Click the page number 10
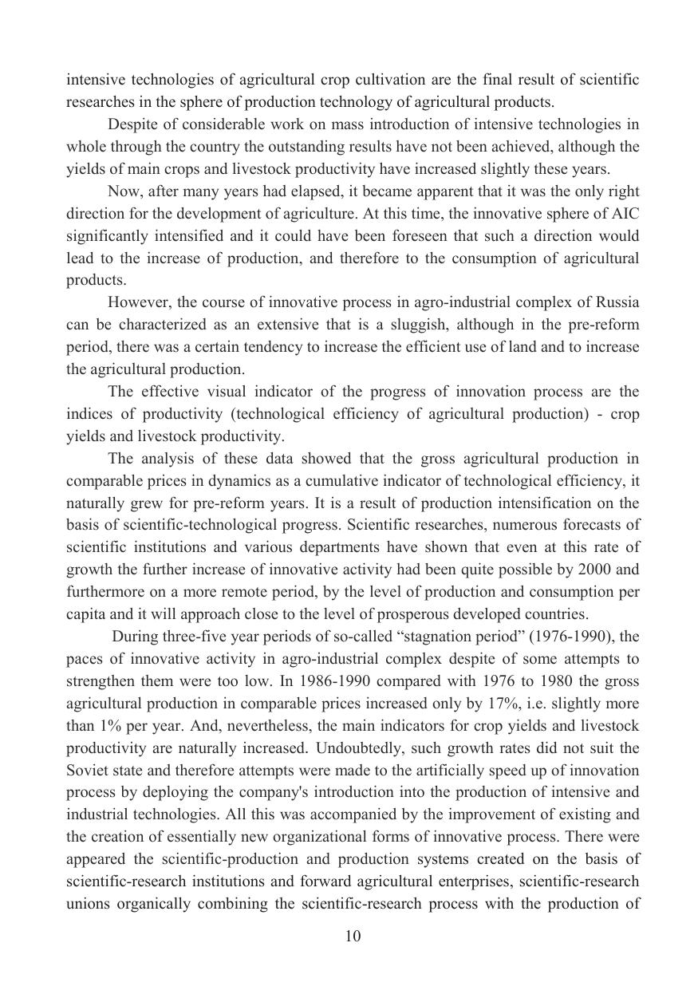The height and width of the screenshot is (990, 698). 353,937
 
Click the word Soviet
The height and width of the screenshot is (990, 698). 85,771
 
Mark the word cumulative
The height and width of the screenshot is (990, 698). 333,481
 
